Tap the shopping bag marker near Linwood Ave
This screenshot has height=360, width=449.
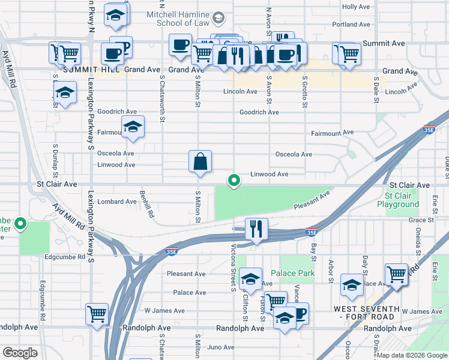coord(200,162)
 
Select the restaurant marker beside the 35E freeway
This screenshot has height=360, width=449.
coord(256,229)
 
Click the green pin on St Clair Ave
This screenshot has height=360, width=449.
coord(234,179)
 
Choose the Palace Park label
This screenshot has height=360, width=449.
coord(292,273)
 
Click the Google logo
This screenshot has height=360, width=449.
coord(20,353)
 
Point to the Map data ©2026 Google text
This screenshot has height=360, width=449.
coord(411,355)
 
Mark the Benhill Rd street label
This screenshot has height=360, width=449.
coord(146,207)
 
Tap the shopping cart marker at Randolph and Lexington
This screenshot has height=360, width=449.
coord(97,314)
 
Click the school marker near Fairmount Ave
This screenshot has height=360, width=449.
coord(133,127)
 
